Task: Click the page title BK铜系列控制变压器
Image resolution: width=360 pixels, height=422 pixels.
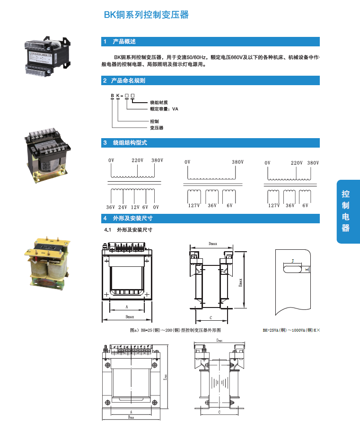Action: click(x=146, y=15)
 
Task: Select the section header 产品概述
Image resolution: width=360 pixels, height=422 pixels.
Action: click(x=124, y=42)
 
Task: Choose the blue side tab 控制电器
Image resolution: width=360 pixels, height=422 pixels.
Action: click(x=346, y=211)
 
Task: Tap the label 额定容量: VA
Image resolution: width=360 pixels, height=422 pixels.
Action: click(x=164, y=109)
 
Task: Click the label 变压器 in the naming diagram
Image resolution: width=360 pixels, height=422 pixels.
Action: click(x=157, y=128)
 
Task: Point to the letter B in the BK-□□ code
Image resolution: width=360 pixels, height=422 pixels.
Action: click(x=112, y=96)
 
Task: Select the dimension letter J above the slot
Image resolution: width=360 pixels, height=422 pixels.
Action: click(x=293, y=261)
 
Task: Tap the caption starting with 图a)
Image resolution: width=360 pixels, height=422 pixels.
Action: click(x=175, y=330)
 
